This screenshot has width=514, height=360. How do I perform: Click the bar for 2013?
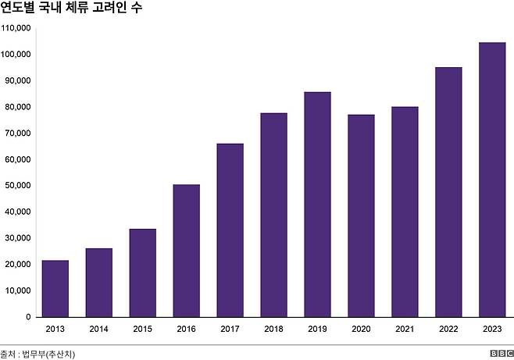pos(55,288)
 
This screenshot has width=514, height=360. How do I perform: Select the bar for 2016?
pos(186,251)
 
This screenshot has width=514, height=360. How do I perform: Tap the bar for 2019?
pos(317,204)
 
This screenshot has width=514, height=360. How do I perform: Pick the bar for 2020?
pos(361,216)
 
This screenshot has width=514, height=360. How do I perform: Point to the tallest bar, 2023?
pos(491,180)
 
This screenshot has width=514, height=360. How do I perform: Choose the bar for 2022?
pos(448,192)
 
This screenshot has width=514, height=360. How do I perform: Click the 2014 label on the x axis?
pos(98,329)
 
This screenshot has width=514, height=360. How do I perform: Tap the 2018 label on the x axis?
pos(273,329)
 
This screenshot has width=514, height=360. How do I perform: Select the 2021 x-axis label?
pos(405,329)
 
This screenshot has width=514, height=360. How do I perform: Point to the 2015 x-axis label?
pos(142,329)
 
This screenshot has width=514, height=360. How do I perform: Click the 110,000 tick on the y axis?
pos(16,28)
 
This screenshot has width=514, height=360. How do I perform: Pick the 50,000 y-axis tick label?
pos(17,186)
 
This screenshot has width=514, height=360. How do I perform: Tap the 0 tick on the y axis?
pos(27,317)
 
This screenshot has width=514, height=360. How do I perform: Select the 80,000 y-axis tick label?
pos(17,107)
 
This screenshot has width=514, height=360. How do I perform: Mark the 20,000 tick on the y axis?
pos(17,265)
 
